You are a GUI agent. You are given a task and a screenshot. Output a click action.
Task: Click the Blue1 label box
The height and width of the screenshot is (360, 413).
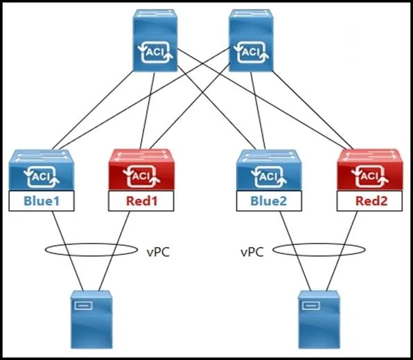tap(42, 201)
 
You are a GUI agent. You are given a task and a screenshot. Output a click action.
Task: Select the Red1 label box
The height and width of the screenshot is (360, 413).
tap(141, 201)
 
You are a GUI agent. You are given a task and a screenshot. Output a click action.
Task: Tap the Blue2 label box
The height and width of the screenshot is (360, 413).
tap(269, 201)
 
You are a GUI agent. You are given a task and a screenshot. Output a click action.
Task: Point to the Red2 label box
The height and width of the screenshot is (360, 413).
tap(369, 201)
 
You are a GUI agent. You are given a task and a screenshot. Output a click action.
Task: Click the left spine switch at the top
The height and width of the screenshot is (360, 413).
tap(155, 40)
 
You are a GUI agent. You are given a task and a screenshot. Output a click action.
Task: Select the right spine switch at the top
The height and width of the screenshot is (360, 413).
tap(251, 40)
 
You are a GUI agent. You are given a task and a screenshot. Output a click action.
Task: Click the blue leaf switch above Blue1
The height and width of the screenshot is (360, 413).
tap(42, 170)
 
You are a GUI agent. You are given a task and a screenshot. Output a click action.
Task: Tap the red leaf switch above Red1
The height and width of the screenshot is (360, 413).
tap(141, 170)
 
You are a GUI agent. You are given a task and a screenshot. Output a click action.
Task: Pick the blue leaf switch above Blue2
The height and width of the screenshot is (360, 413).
tap(269, 170)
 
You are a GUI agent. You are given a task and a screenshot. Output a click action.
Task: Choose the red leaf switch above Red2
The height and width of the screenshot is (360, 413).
tap(370, 170)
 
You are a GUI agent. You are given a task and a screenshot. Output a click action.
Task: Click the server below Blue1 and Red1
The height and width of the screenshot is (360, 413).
tap(91, 319)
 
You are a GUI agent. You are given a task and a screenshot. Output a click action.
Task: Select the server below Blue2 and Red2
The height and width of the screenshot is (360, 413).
tap(319, 319)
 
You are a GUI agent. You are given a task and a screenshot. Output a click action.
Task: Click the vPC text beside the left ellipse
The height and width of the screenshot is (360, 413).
tap(158, 252)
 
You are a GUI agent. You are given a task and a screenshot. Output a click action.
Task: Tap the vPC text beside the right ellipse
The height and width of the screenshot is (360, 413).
tap(252, 252)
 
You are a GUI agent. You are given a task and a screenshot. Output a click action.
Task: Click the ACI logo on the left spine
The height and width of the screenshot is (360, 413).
tap(155, 52)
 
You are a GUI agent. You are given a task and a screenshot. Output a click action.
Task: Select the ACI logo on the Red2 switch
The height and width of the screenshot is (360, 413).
tap(370, 177)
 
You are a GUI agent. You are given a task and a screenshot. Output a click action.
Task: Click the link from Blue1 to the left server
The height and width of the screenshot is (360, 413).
tap(67, 251)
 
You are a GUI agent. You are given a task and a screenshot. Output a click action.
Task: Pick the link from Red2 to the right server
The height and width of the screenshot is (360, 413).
tap(342, 251)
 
